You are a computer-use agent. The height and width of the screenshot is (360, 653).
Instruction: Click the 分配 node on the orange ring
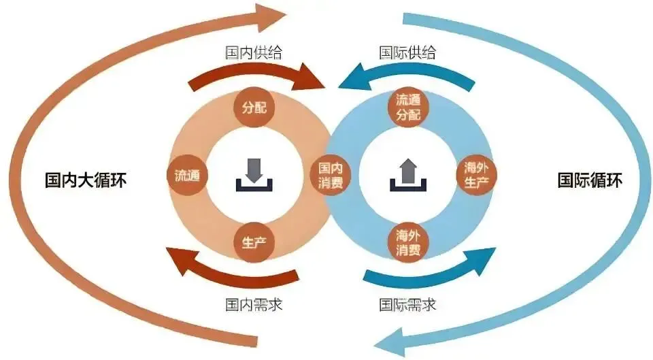tap(254, 108)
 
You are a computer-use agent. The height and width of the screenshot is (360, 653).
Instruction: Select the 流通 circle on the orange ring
tap(186, 175)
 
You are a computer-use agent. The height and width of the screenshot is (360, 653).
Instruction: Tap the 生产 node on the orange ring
tap(254, 242)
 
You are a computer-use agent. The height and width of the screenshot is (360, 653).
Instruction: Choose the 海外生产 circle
tap(476, 175)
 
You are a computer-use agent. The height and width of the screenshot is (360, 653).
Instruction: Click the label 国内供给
tap(253, 52)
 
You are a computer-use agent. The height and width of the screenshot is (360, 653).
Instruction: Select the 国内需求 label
tap(253, 304)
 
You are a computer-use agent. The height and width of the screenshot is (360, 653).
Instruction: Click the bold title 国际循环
tap(590, 181)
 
